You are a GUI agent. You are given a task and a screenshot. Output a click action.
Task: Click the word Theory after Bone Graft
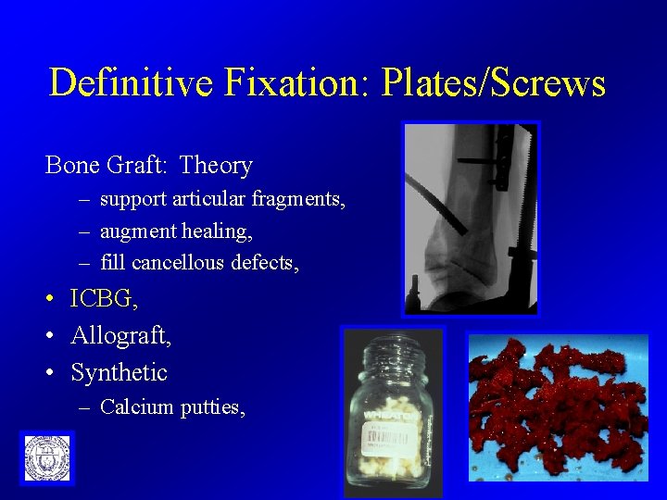(x=216, y=166)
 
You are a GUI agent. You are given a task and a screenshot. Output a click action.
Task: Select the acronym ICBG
(x=101, y=299)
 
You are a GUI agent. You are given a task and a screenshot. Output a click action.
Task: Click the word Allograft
(x=120, y=335)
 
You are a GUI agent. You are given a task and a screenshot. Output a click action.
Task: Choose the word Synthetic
(x=119, y=372)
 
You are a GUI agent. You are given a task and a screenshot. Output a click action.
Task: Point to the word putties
(x=213, y=406)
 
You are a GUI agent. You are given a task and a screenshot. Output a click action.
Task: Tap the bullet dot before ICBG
(x=52, y=300)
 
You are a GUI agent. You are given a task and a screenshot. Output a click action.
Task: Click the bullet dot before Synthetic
(x=52, y=373)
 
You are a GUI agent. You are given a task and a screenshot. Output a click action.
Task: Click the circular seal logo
(x=46, y=458)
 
